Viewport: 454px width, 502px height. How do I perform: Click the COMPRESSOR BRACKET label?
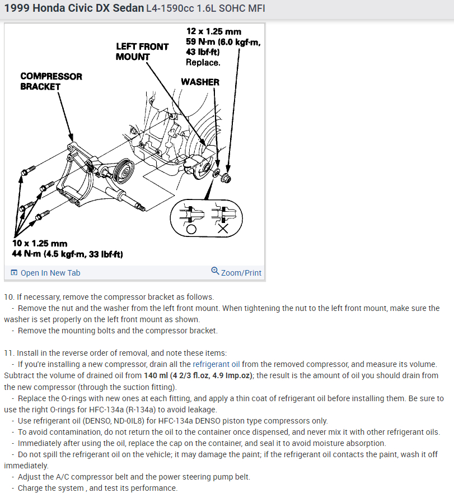pos(51,81)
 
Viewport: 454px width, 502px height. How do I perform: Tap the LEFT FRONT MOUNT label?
pos(142,52)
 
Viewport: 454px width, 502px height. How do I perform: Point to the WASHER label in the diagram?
pos(200,82)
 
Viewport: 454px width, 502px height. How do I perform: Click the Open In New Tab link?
pos(50,273)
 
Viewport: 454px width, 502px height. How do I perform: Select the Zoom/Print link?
pos(241,273)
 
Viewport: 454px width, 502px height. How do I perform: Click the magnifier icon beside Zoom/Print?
pos(215,272)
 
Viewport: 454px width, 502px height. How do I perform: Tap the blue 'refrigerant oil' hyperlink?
pos(216,364)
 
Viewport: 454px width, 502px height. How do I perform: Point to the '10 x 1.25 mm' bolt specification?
pos(40,244)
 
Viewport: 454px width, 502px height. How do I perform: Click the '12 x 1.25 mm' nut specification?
pos(214,31)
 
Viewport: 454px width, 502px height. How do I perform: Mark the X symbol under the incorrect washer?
pos(222,230)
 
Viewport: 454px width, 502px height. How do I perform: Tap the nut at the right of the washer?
pos(227,179)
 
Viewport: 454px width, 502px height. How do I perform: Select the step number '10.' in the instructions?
pos(9,297)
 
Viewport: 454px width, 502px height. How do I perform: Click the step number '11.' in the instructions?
pos(9,353)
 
